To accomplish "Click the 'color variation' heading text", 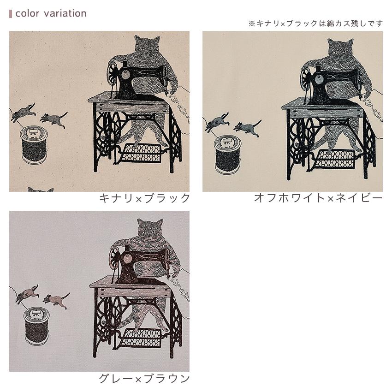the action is (x=51, y=13).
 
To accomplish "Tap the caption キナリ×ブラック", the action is (x=144, y=198).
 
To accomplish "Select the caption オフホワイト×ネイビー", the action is (x=318, y=198).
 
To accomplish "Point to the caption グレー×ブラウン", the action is (x=144, y=379).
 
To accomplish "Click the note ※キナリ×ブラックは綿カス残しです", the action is (x=315, y=24).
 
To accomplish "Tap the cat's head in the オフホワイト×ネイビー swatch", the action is (x=340, y=48).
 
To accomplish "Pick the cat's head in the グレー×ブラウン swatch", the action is (x=150, y=229).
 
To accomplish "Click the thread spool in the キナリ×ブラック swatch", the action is (x=34, y=145).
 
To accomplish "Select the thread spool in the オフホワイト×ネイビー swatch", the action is (x=227, y=155).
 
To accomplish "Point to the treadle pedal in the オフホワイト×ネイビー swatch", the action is (x=335, y=160).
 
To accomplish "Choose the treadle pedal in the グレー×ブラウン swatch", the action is (x=142, y=338).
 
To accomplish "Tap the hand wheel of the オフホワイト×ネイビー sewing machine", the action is (x=306, y=77).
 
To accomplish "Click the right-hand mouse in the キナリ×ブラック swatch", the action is (x=54, y=119).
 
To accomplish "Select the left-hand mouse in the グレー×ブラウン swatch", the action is (x=27, y=293).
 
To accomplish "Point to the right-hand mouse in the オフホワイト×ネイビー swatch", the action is (x=248, y=127).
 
